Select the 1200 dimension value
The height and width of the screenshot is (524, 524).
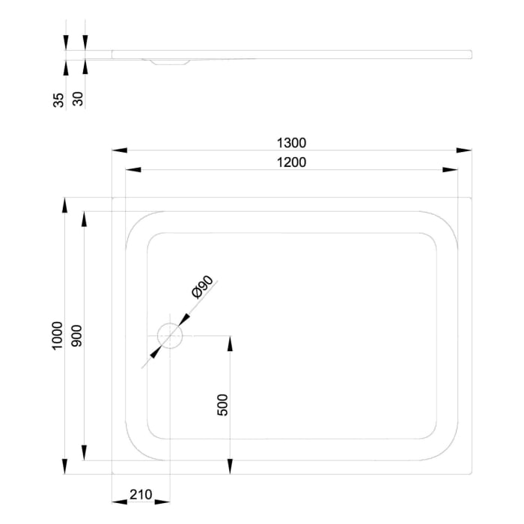point(292,162)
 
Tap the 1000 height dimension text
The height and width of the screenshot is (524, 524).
point(57,336)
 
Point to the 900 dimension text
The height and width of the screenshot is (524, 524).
point(76,336)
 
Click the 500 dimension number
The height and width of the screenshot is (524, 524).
point(222,404)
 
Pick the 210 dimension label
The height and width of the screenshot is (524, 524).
point(141,494)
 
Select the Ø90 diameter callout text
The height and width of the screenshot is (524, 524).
point(203,287)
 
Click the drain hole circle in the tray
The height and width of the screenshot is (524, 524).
point(171,336)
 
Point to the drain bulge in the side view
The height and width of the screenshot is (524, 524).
point(169,62)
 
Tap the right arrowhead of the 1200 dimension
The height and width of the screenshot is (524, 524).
point(451,170)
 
